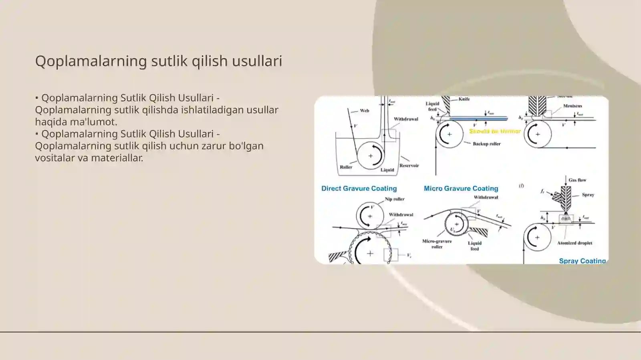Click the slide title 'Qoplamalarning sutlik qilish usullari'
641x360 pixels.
coord(159,61)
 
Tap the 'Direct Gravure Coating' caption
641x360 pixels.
coord(359,189)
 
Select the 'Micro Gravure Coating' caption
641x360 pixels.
coord(461,189)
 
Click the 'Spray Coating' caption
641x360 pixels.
coord(582,261)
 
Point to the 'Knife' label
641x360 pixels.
coord(464,99)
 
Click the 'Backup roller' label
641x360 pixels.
coord(486,144)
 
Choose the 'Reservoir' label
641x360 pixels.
coord(409,165)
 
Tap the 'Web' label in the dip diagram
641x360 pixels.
coord(364,111)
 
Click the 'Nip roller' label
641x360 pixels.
coord(395,199)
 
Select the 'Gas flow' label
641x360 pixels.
coord(577,180)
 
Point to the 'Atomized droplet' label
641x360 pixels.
coord(574,243)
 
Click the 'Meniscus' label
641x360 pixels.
coord(572,106)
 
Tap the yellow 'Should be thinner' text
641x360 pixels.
coord(495,131)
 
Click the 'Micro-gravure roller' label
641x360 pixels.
coord(437,244)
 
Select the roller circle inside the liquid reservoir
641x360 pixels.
coord(370,155)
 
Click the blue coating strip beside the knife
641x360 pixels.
coord(478,119)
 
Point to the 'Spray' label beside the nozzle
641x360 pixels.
coord(588,195)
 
